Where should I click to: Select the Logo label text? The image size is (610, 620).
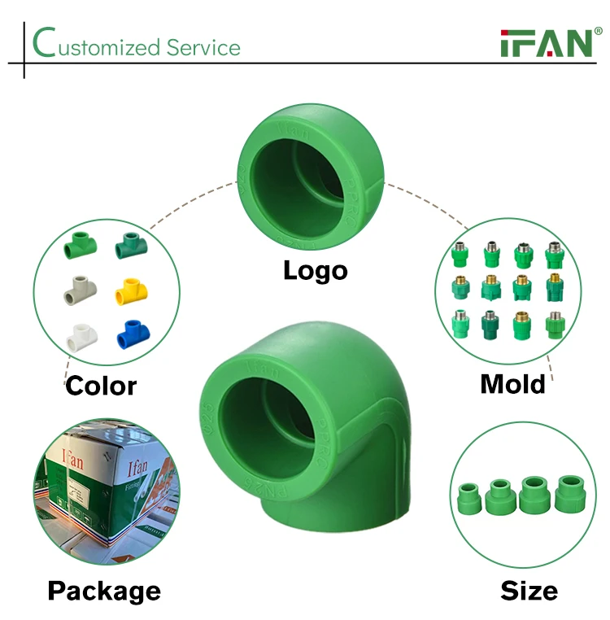[x=315, y=270]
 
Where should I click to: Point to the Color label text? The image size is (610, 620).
[x=101, y=385]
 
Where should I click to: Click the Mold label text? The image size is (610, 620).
[x=512, y=382]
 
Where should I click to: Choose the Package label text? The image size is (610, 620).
[x=104, y=591]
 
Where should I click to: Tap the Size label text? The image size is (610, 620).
[x=529, y=591]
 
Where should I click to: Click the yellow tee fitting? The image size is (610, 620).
[x=129, y=290]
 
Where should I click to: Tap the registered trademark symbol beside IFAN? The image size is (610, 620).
[x=599, y=31]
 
